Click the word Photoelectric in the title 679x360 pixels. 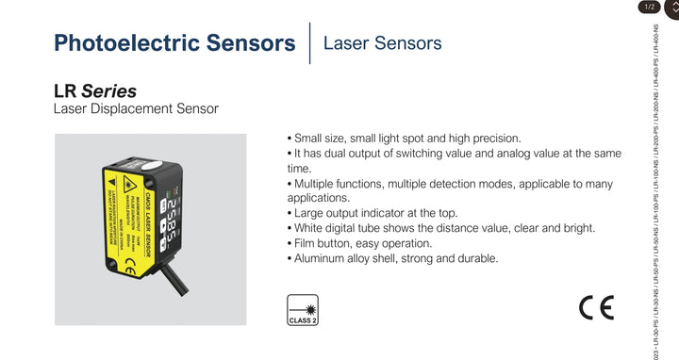pyautogui.click(x=125, y=43)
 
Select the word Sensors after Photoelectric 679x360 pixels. pyautogui.click(x=247, y=43)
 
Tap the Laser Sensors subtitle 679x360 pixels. pyautogui.click(x=381, y=43)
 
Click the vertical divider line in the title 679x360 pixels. pyautogui.click(x=310, y=43)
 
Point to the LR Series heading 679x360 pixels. pyautogui.click(x=95, y=91)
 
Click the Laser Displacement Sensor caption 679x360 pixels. pyautogui.click(x=136, y=109)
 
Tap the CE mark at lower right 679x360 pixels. pyautogui.click(x=596, y=308)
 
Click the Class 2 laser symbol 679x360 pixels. pyautogui.click(x=302, y=308)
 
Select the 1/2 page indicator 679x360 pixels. pyautogui.click(x=649, y=8)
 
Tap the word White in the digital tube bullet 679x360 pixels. pyautogui.click(x=312, y=228)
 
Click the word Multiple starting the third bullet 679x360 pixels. pyautogui.click(x=320, y=183)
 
